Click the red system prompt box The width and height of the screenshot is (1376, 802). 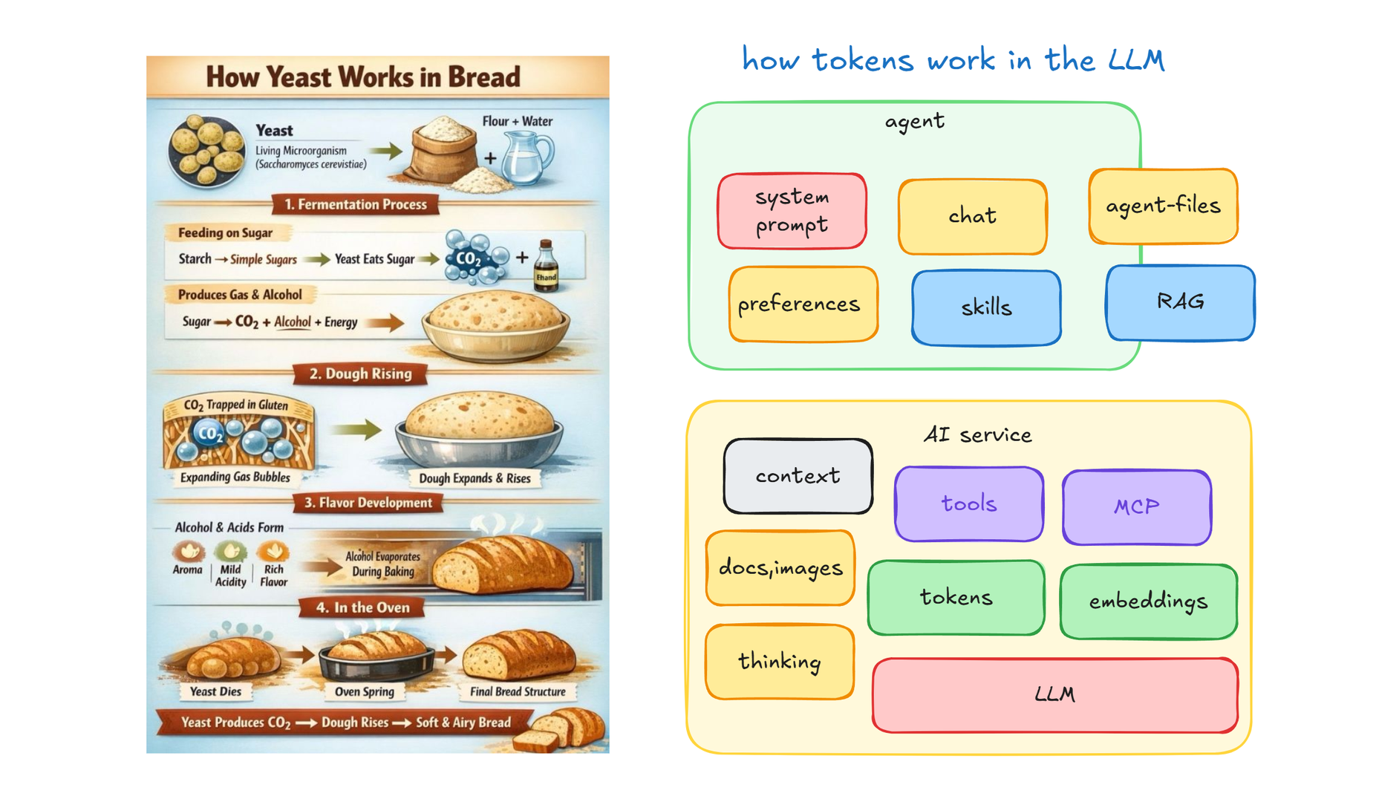pos(792,211)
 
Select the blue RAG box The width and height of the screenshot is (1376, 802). pos(1180,302)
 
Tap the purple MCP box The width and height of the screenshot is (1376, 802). pos(1137,507)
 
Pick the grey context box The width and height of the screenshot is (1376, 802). pos(798,476)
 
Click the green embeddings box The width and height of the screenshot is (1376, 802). pos(1149,601)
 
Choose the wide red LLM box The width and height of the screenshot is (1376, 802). pos(1055,695)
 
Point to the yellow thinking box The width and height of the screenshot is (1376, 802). pos(780,662)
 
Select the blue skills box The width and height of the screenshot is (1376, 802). pos(986,307)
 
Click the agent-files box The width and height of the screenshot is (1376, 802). pos(1163,206)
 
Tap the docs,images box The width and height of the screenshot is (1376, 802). pos(780,568)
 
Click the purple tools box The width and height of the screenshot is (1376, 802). pos(969,504)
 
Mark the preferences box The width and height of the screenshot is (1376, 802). pos(803,304)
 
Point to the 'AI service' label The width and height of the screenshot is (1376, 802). pos(977,434)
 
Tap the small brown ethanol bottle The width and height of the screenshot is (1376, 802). pos(546,265)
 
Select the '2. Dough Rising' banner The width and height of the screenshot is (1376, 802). pos(360,374)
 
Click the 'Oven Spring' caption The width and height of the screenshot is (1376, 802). pos(364,691)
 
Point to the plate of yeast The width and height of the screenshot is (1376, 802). pos(206,151)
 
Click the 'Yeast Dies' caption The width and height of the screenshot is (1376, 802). pos(215,691)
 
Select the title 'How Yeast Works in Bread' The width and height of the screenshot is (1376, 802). pos(363,76)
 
